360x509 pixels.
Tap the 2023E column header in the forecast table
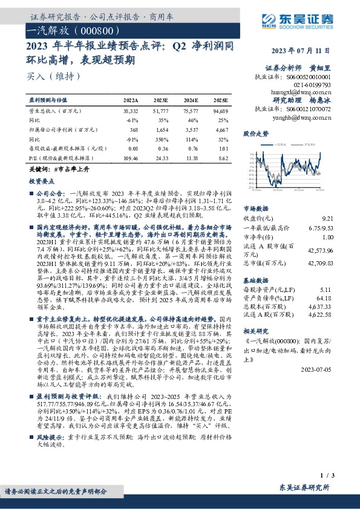click(x=162, y=100)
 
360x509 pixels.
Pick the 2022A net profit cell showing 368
click(x=134, y=130)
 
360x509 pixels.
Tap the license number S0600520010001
click(x=309, y=77)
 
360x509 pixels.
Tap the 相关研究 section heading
click(x=255, y=332)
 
